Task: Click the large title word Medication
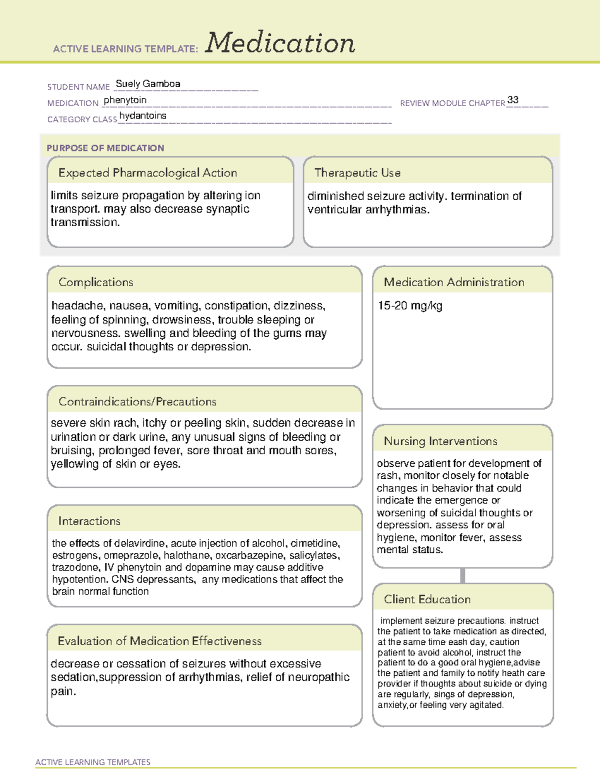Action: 280,43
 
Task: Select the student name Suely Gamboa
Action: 148,84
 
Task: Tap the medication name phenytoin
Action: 125,100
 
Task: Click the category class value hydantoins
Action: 142,116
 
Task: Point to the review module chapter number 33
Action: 512,100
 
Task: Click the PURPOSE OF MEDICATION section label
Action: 105,148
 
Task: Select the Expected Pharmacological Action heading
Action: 147,173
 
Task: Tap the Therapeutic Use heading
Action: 357,173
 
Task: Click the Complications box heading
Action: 96,282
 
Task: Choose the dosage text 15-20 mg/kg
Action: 410,306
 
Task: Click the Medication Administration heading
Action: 454,282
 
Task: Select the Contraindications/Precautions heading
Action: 137,402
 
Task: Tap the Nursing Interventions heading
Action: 440,441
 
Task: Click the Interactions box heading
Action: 89,521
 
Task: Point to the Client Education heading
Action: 427,599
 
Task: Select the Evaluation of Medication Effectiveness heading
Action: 159,641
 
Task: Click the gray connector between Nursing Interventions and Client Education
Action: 462,575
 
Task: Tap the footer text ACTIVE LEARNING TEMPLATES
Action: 93,762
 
